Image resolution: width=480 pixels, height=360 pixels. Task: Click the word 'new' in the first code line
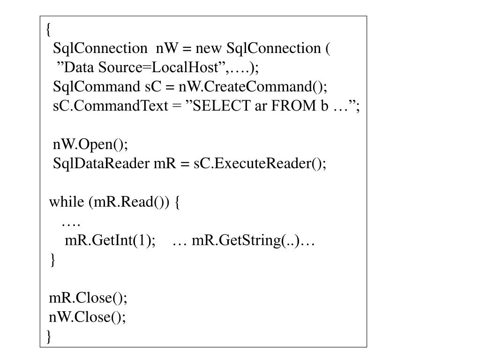[x=208, y=49]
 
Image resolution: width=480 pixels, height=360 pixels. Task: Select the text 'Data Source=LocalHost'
[x=142, y=67]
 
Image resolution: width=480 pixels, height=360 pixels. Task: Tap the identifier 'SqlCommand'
[x=97, y=87]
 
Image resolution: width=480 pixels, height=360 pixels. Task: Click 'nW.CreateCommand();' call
[x=253, y=87]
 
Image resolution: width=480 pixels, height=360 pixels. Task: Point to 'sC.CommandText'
[x=111, y=106]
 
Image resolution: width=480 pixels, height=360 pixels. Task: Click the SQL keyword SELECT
[x=222, y=106]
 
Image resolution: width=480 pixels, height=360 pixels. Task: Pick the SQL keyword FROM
[x=293, y=106]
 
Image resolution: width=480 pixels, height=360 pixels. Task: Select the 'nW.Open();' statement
[x=90, y=144]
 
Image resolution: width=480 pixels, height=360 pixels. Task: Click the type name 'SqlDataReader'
[x=101, y=163]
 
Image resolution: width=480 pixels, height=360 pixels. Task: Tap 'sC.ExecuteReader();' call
[x=260, y=163]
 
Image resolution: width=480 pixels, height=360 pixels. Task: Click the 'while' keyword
[x=67, y=202]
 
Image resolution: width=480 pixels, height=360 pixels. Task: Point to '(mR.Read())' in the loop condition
[x=128, y=202]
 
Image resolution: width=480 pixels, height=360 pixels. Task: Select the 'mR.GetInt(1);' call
[x=110, y=240]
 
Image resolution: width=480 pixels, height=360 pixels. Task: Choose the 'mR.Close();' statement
[x=88, y=298]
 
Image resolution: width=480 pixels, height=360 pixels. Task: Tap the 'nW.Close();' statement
[x=87, y=317]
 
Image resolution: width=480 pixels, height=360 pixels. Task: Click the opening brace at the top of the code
[x=48, y=30]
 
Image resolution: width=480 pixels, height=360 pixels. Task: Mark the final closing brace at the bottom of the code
[x=49, y=337]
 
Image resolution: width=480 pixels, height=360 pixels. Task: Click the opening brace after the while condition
[x=177, y=202]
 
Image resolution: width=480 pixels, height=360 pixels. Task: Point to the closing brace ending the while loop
[x=52, y=260]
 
